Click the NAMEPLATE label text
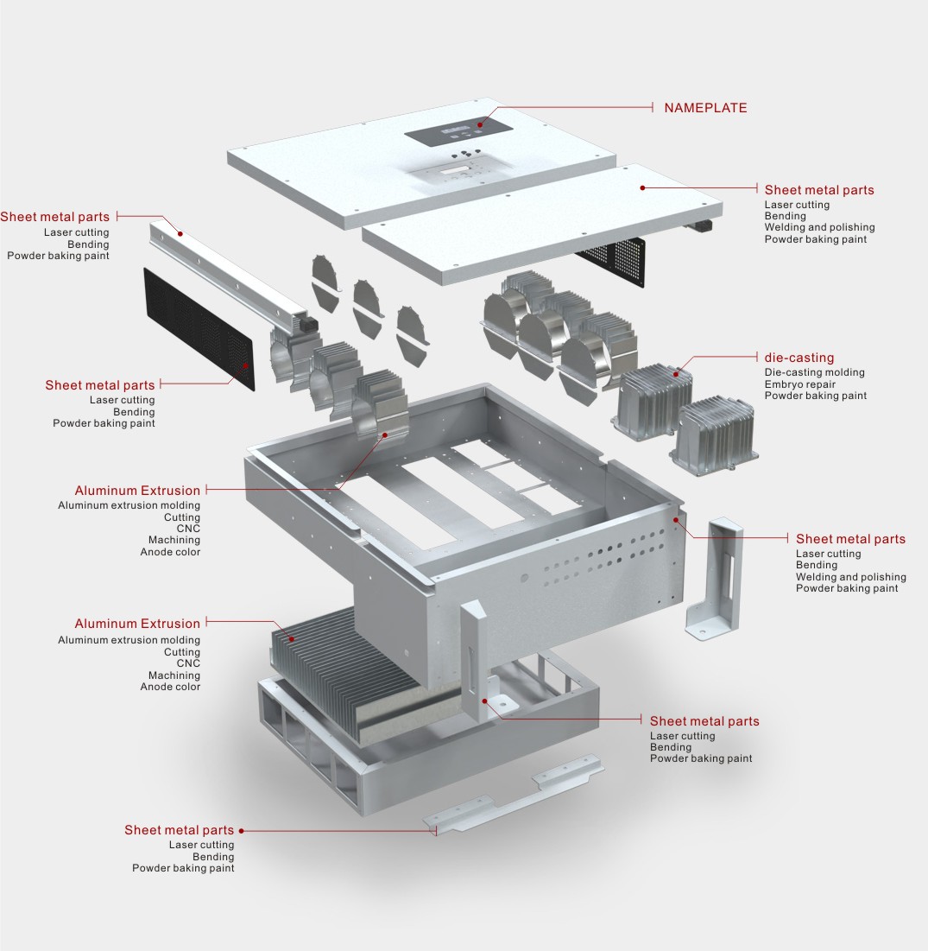pyautogui.click(x=704, y=108)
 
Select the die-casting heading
pyautogui.click(x=799, y=358)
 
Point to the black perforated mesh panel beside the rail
pyautogui.click(x=199, y=329)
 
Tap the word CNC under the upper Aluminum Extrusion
pyautogui.click(x=188, y=529)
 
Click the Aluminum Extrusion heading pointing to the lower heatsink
pyautogui.click(x=137, y=624)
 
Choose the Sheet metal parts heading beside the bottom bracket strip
pyautogui.click(x=179, y=830)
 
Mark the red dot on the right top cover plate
pyautogui.click(x=643, y=187)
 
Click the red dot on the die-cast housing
pyautogui.click(x=678, y=374)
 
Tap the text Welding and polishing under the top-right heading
pyautogui.click(x=819, y=228)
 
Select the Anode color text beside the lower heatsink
pyautogui.click(x=170, y=687)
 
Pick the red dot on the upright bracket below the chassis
pyautogui.click(x=486, y=701)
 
